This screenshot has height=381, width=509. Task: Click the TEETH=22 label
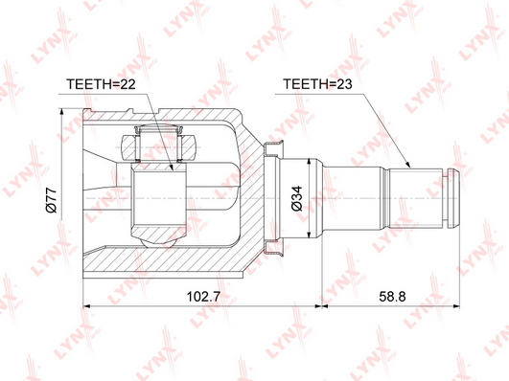101,84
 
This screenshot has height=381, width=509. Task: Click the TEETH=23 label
317,84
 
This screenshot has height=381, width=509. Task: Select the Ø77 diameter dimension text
52,200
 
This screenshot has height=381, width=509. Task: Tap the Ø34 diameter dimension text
297,198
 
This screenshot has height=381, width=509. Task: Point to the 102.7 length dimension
203,296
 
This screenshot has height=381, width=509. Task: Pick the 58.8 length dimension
392,296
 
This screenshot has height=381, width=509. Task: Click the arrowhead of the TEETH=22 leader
172,167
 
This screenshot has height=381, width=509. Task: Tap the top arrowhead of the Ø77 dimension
61,112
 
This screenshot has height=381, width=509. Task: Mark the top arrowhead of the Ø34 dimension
310,163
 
